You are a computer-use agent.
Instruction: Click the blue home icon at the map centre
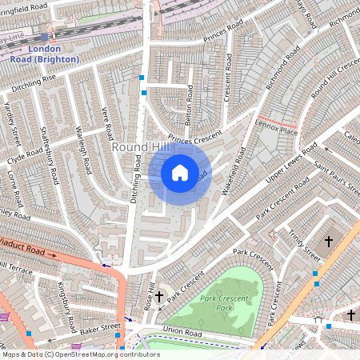(180, 172)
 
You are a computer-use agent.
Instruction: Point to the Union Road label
(179, 330)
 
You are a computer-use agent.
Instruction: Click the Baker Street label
(99, 326)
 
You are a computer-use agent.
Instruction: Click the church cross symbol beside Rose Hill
(158, 297)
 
